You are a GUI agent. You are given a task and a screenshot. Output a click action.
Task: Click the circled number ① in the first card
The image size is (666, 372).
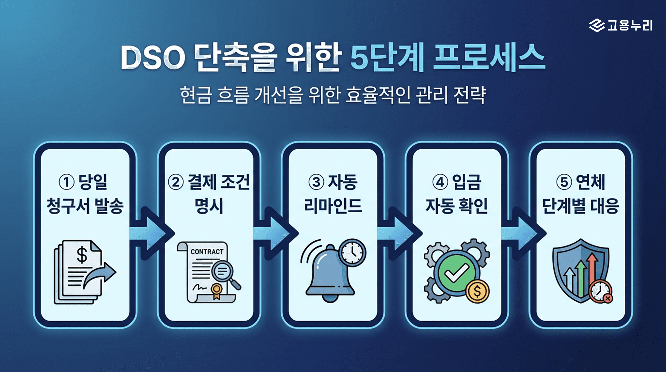coord(67,182)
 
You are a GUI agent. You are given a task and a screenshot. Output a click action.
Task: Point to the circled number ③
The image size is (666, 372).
coord(316,182)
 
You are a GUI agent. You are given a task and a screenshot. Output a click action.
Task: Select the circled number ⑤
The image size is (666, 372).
coord(564,182)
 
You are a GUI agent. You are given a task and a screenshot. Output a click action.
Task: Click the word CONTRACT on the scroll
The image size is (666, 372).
coord(207,251)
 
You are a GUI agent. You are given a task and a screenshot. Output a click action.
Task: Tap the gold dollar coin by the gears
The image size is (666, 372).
coord(477,292)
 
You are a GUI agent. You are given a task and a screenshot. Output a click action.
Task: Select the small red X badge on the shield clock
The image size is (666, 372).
coord(608,299)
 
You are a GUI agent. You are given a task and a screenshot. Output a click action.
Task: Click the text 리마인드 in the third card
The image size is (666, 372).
coord(333,206)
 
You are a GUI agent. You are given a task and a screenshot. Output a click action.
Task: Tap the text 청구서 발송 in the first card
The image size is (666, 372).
coord(85,206)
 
